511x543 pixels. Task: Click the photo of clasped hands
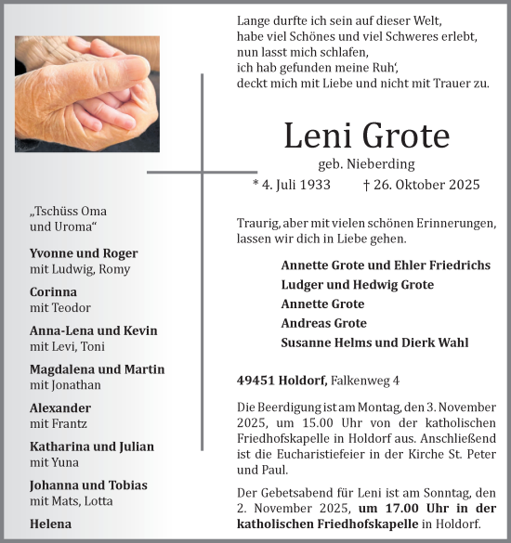coord(86,95)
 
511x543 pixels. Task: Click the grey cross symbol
coord(202,172)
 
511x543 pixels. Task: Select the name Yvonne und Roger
coord(84,253)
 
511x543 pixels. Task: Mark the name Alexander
coord(60,407)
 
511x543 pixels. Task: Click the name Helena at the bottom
coord(50,524)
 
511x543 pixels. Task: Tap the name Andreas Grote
coord(323,323)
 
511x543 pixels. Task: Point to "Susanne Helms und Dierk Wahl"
coord(374,343)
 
